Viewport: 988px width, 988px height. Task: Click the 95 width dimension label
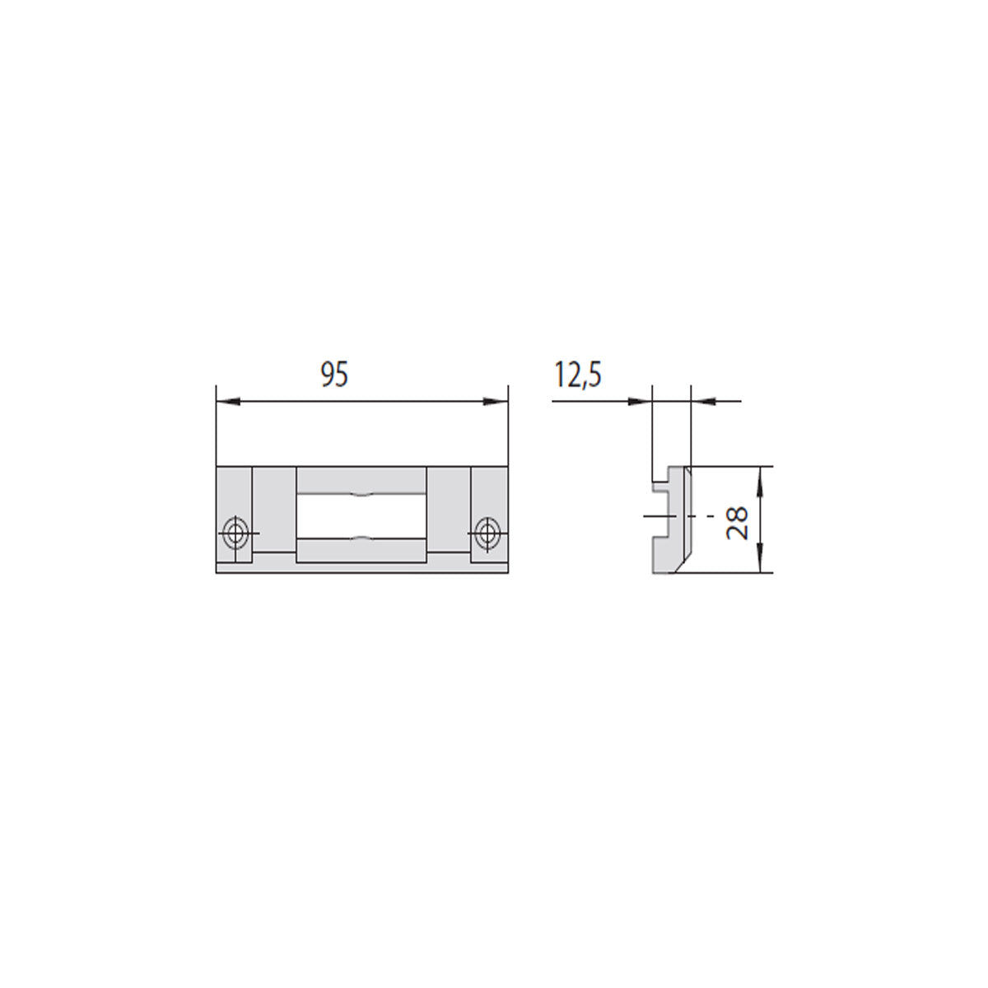point(333,375)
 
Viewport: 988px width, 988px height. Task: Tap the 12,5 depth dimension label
point(577,375)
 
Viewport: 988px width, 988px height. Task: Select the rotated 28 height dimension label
point(737,522)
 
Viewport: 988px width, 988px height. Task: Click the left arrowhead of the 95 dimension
point(228,402)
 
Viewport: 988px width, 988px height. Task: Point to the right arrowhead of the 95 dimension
point(496,402)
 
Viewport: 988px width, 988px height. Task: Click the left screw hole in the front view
point(235,534)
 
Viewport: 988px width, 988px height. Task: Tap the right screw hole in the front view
point(486,534)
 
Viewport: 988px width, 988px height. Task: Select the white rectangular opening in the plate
point(361,516)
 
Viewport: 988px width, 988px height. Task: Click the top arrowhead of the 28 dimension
point(760,478)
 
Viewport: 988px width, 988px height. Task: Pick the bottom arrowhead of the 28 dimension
point(760,561)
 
